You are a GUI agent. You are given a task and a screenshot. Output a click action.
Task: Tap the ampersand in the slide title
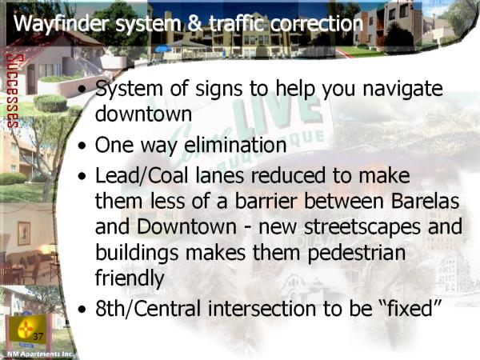195,23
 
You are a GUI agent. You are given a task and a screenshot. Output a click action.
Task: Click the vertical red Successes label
13,91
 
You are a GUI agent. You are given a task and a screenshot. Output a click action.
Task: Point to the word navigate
402,90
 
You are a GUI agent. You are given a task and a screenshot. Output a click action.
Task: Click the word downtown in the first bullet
143,114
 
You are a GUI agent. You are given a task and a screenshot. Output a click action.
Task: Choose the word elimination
235,145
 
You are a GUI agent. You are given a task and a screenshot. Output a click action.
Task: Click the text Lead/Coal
142,176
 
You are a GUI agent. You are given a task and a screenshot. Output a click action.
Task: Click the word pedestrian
356,254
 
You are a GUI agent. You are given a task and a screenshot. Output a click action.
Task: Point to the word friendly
130,278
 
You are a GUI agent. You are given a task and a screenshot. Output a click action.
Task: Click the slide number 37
38,337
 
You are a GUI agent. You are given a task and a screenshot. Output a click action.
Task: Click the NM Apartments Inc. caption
40,354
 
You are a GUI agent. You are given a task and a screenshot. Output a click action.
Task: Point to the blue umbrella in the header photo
163,49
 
